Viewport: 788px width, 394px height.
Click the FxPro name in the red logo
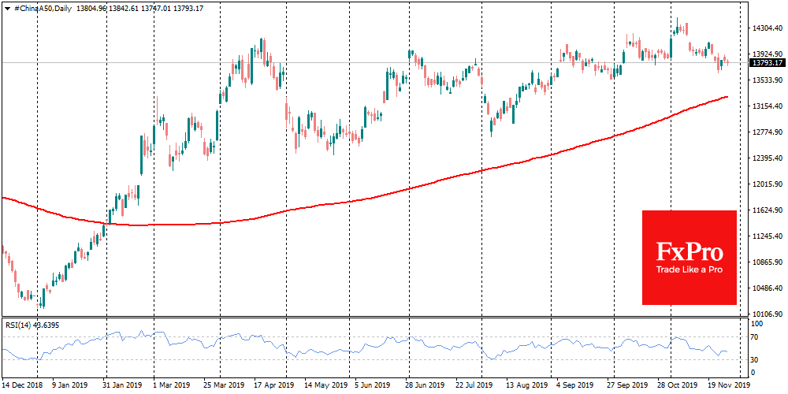pyautogui.click(x=689, y=251)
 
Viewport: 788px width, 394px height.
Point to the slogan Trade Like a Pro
pyautogui.click(x=689, y=270)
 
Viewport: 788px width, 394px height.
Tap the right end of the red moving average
pyautogui.click(x=727, y=97)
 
